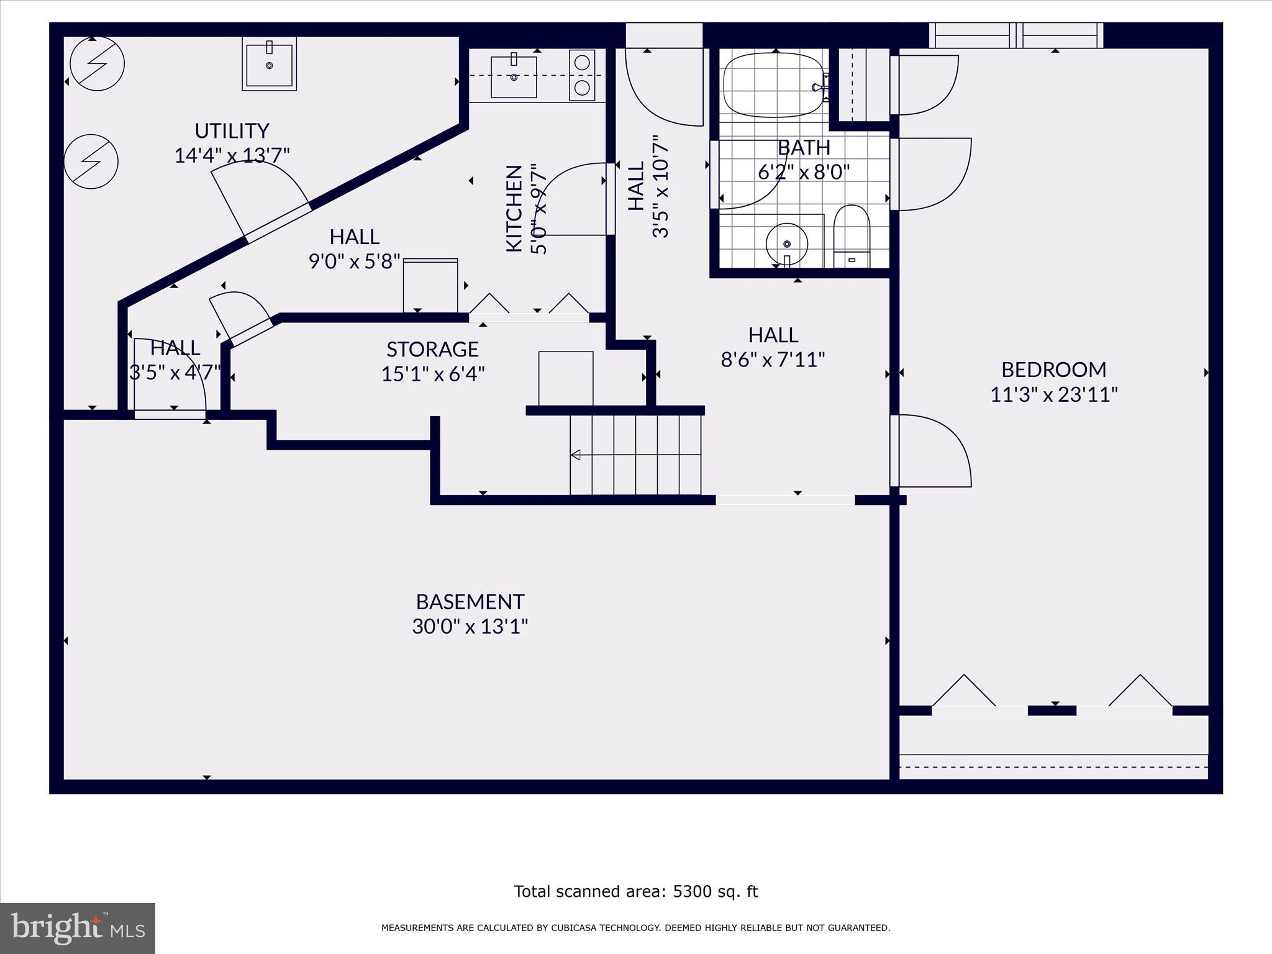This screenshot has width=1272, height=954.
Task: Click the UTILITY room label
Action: (232, 131)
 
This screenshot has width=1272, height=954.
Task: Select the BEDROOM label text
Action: (1053, 370)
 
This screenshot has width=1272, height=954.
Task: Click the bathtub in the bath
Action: (773, 85)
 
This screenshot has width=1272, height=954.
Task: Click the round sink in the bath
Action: (786, 243)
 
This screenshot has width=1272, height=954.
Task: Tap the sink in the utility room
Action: (269, 64)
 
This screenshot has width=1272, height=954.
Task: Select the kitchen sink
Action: (514, 76)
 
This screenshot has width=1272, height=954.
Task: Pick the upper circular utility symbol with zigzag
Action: (98, 63)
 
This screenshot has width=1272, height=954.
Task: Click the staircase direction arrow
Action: (576, 455)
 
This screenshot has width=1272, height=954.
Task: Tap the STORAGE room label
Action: (432, 350)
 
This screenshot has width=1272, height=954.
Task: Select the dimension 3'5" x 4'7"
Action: (175, 373)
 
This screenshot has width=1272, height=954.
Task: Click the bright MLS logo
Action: (78, 929)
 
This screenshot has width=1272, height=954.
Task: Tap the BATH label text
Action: (804, 148)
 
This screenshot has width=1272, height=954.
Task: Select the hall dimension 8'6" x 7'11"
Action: (773, 360)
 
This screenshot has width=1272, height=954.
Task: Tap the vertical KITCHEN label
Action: (514, 208)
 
